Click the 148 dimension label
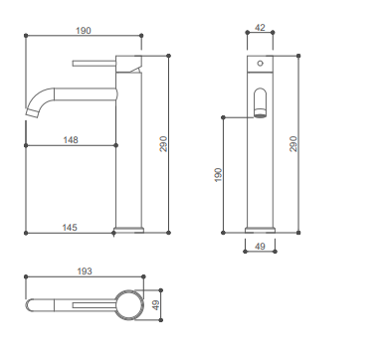[71, 140]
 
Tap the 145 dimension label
[70, 228]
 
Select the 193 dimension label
[85, 271]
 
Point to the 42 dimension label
[260, 28]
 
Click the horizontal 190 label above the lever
[83, 31]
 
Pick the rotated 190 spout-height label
[218, 175]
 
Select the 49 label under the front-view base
[260, 247]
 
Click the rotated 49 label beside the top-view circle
[155, 305]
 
